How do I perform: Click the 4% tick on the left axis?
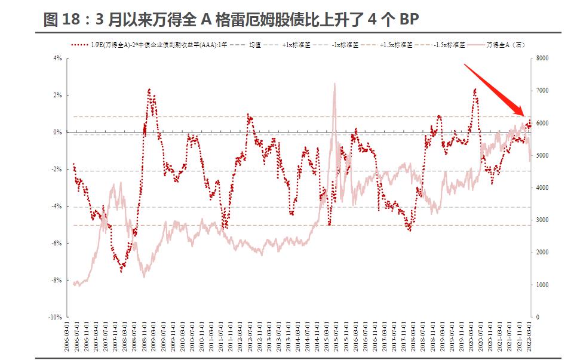[58, 59]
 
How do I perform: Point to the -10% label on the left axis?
[56, 317]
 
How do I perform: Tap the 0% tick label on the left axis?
[58, 133]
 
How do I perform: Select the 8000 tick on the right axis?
[542, 59]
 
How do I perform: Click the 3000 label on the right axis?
[542, 220]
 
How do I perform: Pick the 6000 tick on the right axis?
[542, 123]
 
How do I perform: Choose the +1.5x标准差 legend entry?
[395, 45]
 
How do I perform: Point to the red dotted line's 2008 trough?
[121, 270]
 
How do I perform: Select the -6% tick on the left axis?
[57, 243]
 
